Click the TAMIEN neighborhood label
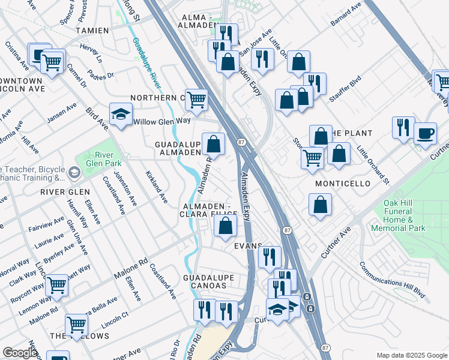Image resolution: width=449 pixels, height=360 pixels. pyautogui.click(x=92, y=30)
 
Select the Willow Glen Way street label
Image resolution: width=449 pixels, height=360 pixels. pyautogui.click(x=161, y=121)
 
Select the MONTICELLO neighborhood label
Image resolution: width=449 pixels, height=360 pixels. pyautogui.click(x=342, y=184)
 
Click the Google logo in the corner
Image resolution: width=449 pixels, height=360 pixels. pyautogui.click(x=20, y=353)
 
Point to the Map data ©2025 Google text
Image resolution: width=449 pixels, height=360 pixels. pyautogui.click(x=412, y=355)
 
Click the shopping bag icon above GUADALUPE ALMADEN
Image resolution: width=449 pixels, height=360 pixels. pyautogui.click(x=213, y=144)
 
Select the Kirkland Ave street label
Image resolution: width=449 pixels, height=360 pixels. pyautogui.click(x=155, y=185)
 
